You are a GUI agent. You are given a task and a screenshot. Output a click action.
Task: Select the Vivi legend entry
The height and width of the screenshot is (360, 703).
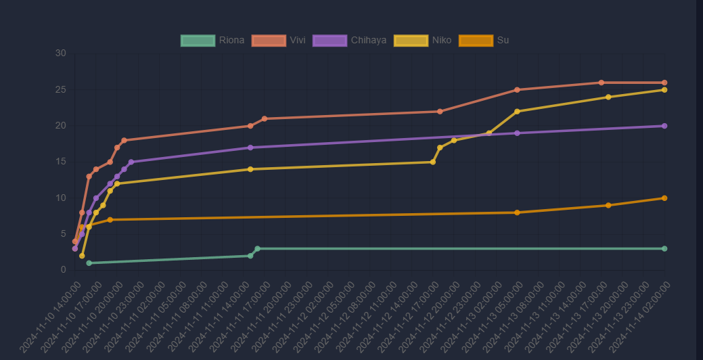pos(279,41)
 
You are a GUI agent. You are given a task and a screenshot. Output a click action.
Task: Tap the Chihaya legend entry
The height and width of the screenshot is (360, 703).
pos(350,41)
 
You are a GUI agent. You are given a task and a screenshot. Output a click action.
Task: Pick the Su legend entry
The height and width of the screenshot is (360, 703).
pos(484,41)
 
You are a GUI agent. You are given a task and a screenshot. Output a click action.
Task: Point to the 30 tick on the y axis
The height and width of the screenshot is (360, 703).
pos(61,53)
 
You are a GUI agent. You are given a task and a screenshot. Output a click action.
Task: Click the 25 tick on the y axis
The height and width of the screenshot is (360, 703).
pos(61,90)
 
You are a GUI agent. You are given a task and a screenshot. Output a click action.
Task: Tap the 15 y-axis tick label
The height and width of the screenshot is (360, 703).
pos(61,162)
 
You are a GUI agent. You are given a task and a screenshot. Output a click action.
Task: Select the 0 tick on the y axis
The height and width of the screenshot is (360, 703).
pos(64,270)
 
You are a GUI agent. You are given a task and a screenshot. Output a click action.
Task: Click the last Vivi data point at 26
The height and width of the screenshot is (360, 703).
pos(664,83)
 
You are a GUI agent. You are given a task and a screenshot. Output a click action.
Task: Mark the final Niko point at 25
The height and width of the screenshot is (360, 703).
pos(664,90)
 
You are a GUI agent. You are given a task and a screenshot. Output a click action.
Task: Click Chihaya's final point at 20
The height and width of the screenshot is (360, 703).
pos(664,126)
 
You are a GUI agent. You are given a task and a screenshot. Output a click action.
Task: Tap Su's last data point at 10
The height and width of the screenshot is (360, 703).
pos(664,198)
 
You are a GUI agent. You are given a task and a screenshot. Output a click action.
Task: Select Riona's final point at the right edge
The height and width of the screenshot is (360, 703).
pos(664,249)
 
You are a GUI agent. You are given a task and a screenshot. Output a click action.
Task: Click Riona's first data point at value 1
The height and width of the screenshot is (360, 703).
pos(89,263)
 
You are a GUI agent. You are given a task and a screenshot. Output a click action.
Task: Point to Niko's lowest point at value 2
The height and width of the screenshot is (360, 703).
pos(82,256)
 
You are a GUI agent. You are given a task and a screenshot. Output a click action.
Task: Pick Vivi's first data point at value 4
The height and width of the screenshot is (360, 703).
pos(75,242)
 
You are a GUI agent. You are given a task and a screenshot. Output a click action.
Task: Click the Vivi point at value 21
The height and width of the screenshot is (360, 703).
pos(265,118)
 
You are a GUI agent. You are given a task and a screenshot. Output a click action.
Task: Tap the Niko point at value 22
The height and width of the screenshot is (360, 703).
pos(517,112)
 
